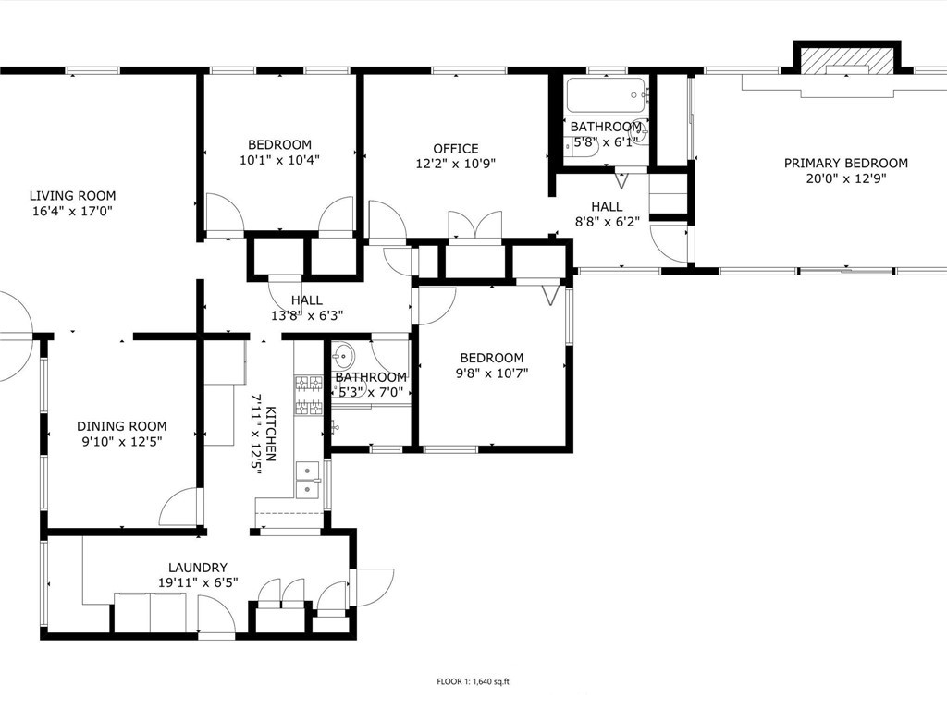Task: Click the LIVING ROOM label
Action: [72, 196]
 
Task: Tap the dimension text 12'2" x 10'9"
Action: [456, 164]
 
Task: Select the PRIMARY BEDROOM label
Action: [845, 163]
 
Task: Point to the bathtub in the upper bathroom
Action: [607, 95]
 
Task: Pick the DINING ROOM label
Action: [122, 426]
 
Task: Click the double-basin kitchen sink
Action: [308, 481]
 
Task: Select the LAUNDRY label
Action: [198, 568]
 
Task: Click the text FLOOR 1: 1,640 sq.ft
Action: [473, 682]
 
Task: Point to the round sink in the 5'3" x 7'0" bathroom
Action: [342, 356]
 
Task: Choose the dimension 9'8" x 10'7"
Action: [492, 373]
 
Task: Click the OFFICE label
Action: [456, 149]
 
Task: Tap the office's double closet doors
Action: [475, 227]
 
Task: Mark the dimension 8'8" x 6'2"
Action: [607, 222]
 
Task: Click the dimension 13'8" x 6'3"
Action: [307, 315]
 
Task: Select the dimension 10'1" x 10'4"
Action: [279, 160]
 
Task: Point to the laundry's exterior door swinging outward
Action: [372, 587]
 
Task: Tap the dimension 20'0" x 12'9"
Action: [845, 178]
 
